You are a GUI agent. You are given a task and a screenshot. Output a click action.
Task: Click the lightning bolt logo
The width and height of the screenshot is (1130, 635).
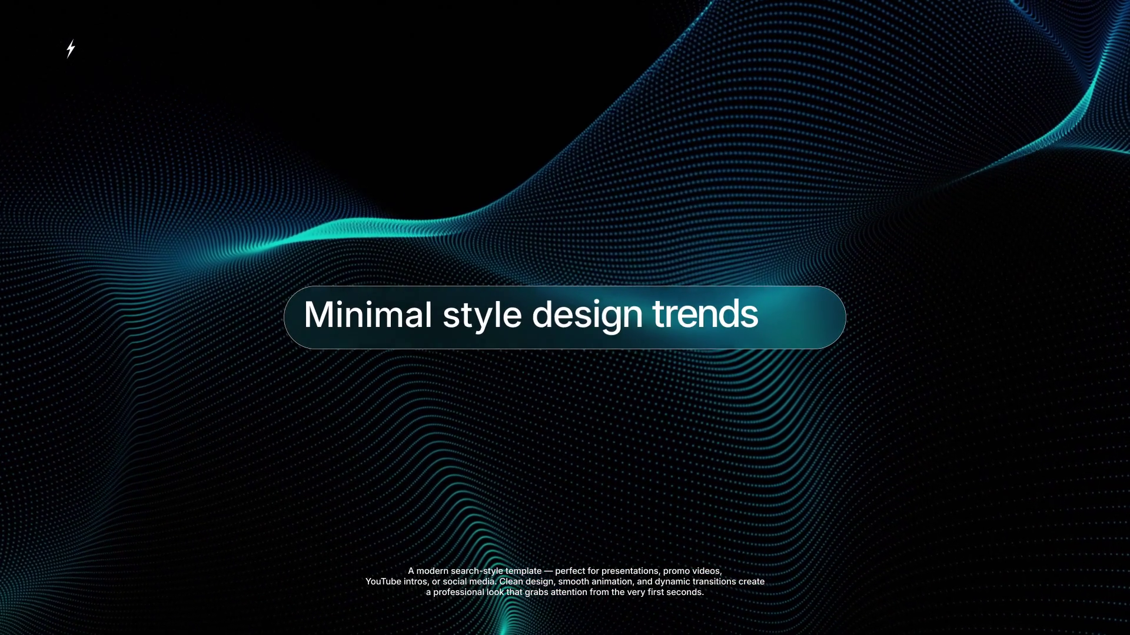tap(71, 49)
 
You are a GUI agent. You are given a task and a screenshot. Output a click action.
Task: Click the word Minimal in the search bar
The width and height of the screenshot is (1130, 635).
tap(368, 315)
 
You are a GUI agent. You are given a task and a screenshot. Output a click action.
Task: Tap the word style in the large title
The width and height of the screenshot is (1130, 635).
tap(482, 316)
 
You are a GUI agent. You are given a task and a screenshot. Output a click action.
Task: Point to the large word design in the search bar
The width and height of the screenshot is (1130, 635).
tap(587, 316)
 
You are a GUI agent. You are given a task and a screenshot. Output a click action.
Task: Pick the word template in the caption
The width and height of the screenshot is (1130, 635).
tap(523, 571)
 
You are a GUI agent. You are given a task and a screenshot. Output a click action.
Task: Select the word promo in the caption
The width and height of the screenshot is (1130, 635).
tap(677, 571)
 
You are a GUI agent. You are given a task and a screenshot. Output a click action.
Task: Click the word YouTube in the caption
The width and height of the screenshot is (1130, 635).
tap(383, 581)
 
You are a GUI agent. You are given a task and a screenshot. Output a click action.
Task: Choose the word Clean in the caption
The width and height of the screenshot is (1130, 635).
tap(511, 581)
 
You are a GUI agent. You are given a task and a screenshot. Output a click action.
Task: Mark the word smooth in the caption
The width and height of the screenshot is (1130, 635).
tap(573, 581)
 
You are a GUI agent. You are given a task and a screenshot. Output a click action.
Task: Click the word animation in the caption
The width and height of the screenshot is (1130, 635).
tap(613, 581)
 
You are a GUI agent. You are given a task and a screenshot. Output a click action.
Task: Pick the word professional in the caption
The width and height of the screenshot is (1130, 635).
tap(458, 593)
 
